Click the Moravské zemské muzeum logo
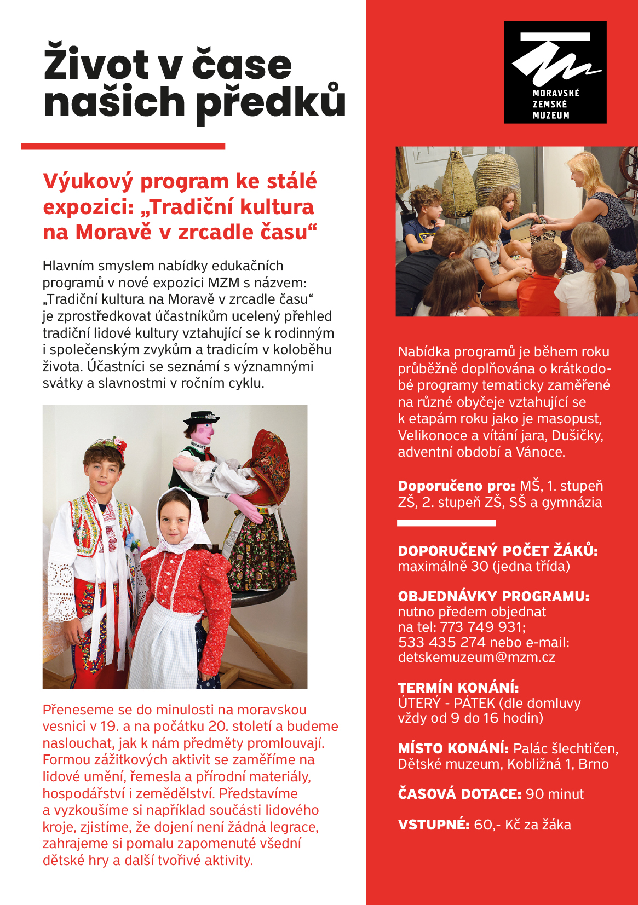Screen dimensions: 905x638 point(555,72)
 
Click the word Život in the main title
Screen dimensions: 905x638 point(96,65)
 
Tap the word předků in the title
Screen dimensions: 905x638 point(271,102)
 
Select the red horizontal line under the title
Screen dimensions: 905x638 point(123,147)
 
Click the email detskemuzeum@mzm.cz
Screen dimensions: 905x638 point(476,658)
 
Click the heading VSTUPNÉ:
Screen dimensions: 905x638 point(433,825)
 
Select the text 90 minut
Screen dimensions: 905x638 point(554,794)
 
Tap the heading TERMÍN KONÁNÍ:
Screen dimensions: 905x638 point(458,688)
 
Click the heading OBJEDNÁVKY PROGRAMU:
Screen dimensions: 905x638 point(493,596)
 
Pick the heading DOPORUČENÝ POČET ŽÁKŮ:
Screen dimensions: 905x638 point(497,551)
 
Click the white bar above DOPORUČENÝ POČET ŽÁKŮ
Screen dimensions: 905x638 point(446,523)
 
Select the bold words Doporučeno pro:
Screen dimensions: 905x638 point(456,486)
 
